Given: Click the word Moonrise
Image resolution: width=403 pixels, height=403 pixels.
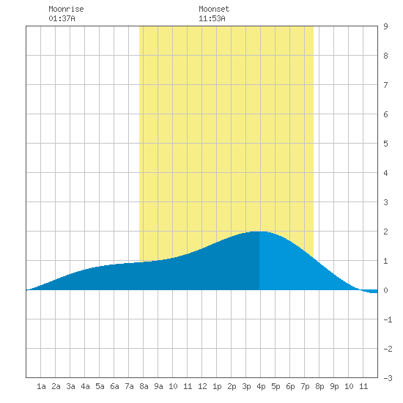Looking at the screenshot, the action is point(66,9).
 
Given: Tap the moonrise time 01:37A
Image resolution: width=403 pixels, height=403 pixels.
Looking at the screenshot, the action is point(62,18).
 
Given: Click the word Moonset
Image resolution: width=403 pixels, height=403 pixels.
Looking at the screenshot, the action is point(214,9).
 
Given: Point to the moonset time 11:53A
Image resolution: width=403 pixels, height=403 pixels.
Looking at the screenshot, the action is point(212,18).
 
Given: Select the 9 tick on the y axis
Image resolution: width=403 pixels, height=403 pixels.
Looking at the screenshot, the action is point(385,26).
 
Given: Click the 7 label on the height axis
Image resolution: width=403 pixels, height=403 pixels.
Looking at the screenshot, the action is point(385,85).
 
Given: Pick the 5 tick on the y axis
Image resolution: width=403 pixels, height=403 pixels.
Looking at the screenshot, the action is point(385,144).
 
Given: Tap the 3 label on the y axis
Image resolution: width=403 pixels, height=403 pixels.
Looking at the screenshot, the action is point(385,202).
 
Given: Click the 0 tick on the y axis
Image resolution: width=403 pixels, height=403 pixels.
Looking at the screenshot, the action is point(385,290).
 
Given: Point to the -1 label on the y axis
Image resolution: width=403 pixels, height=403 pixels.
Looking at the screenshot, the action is point(388,319).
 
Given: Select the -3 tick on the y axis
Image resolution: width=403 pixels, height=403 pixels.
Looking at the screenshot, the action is point(388,378).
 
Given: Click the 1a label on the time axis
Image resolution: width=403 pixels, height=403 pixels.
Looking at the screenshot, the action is point(41,386).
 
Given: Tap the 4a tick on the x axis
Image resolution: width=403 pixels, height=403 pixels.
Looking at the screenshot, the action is point(85,386).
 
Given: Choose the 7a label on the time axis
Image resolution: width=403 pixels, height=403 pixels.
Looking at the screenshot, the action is point(129,386).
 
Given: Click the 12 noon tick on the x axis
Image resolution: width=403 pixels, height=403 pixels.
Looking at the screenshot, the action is point(202,386).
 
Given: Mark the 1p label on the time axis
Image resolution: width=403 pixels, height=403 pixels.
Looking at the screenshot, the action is point(217,386).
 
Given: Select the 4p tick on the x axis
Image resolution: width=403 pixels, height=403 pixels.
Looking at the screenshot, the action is point(261,386).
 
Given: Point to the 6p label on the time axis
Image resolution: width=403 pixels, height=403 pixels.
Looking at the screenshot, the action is point(290,386).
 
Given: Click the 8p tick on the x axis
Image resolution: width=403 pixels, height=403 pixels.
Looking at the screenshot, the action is point(319,386).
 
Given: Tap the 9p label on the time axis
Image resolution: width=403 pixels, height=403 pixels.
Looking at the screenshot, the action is point(334,386).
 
